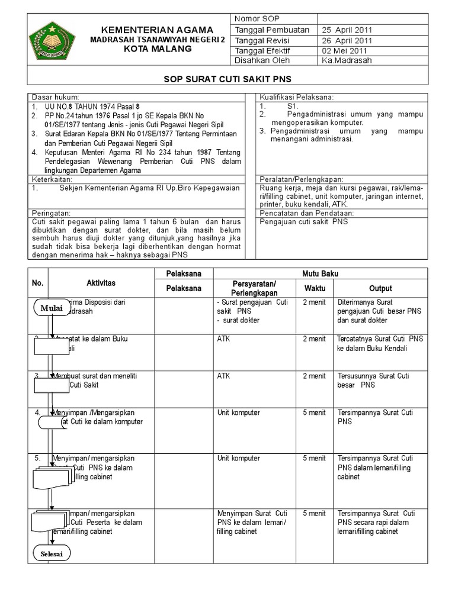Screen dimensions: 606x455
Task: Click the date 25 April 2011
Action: click(347, 30)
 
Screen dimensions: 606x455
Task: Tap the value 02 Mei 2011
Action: click(342, 50)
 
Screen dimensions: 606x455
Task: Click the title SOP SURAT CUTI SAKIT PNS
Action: click(227, 79)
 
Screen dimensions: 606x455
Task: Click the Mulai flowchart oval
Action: click(52, 308)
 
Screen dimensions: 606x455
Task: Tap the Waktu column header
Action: click(315, 288)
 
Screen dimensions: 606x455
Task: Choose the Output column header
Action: click(380, 288)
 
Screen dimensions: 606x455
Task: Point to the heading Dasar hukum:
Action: click(55, 96)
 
